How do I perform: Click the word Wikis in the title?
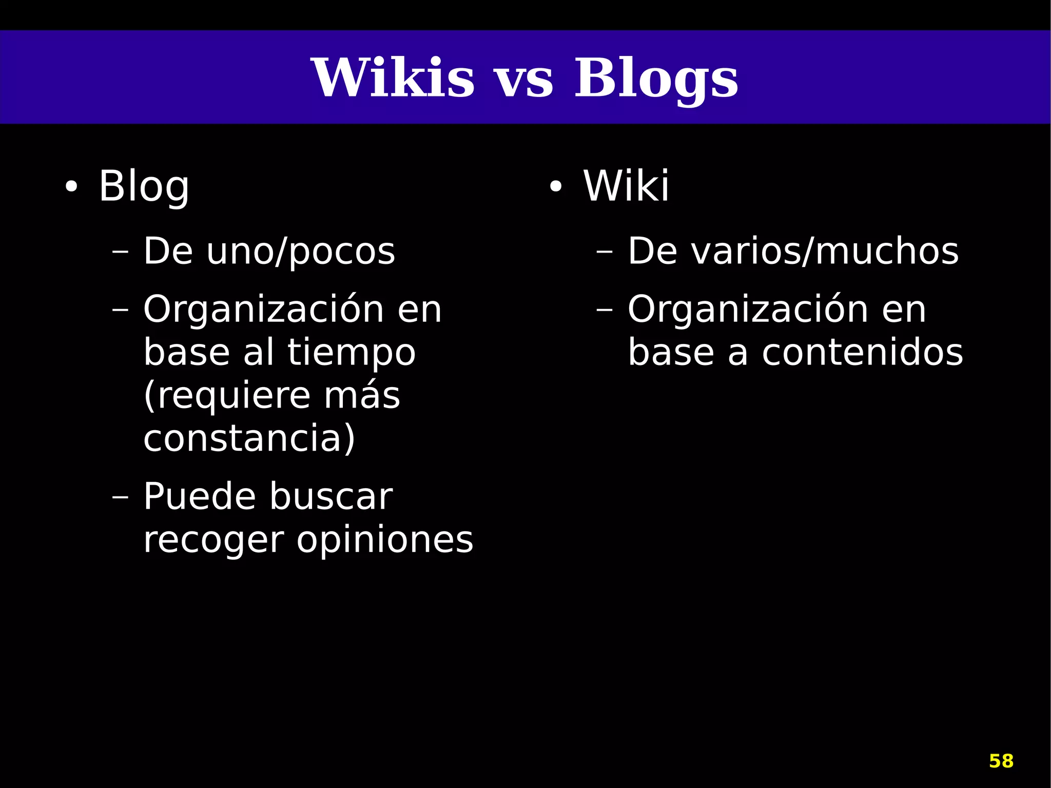[393, 78]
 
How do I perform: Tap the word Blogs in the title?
[656, 78]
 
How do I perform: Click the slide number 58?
[1001, 761]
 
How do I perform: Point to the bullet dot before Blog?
[71, 188]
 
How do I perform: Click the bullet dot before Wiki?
[556, 188]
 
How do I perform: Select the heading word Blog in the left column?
[144, 187]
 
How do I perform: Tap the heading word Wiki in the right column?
[626, 186]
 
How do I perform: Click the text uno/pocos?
[300, 252]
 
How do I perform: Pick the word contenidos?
[862, 353]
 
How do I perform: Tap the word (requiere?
[227, 396]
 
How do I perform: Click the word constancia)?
[249, 438]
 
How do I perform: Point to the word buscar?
[331, 497]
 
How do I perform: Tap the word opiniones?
[385, 541]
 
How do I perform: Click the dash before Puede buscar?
[120, 497]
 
